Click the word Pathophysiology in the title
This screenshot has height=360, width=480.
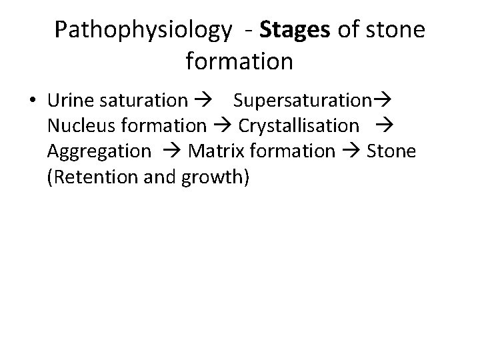click(143, 30)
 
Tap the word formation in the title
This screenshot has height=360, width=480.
click(239, 61)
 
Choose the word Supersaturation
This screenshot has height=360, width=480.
click(302, 101)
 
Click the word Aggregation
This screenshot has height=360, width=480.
click(99, 151)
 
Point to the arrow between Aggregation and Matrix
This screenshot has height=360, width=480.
click(170, 151)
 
